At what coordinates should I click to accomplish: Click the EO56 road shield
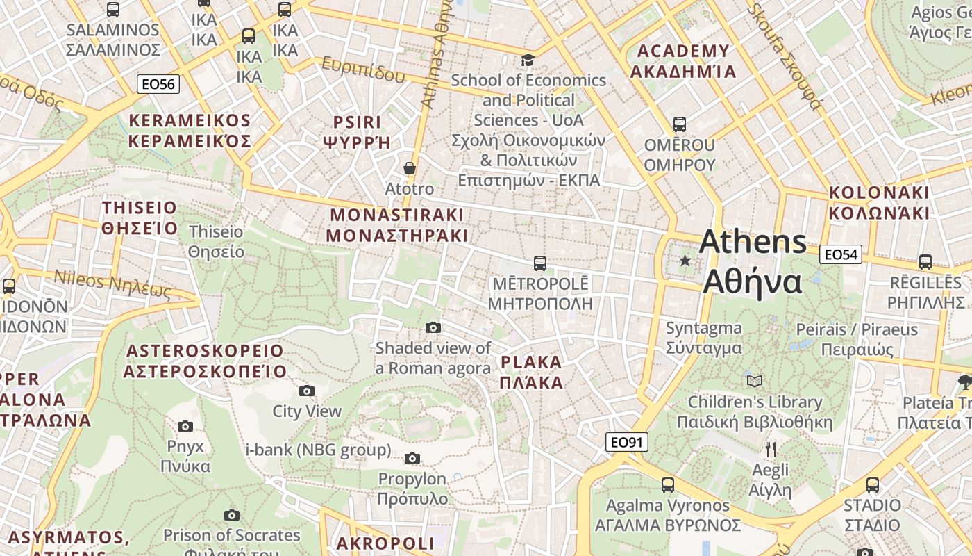tap(158, 84)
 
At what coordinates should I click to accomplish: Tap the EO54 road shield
tap(841, 254)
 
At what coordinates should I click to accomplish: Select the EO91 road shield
tap(626, 442)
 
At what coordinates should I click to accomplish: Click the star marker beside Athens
tap(685, 261)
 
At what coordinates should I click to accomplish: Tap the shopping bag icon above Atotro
tap(410, 168)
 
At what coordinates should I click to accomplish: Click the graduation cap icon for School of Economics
tap(528, 60)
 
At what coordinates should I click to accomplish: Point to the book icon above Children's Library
tap(755, 381)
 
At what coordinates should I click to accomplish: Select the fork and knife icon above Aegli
tap(770, 449)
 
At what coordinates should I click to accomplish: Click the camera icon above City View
tap(306, 391)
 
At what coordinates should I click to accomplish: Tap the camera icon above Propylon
tap(412, 458)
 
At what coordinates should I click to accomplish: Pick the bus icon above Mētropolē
tap(539, 263)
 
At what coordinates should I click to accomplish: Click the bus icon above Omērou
tap(679, 124)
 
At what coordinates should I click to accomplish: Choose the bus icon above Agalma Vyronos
tap(667, 484)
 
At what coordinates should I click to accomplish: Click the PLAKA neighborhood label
tap(531, 373)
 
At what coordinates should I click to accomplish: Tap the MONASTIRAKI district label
tap(396, 224)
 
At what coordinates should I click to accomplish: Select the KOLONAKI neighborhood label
tap(878, 202)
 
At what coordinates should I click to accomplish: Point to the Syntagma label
tap(703, 338)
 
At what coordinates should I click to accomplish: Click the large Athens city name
tap(753, 262)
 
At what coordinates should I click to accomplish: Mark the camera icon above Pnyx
tap(185, 426)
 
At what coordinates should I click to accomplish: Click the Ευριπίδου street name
tap(362, 69)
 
